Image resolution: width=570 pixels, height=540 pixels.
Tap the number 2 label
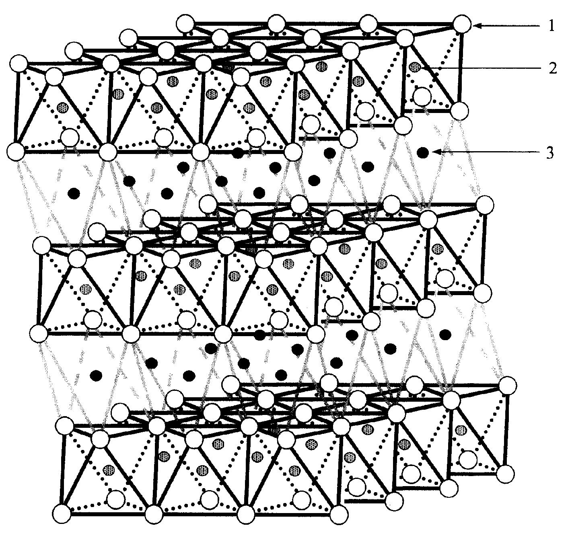click(x=553, y=68)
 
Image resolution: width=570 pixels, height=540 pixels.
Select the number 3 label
click(x=550, y=153)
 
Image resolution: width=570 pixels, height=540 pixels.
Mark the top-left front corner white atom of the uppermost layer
click(x=19, y=64)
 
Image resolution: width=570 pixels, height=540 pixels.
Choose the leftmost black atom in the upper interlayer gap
click(x=74, y=193)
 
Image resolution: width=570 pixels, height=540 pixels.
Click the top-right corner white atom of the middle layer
click(x=484, y=205)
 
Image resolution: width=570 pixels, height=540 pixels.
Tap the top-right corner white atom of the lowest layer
click(x=508, y=385)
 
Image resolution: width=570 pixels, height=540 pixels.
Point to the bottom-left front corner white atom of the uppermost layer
click(x=16, y=152)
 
